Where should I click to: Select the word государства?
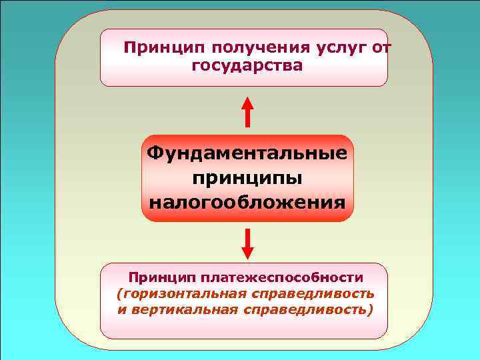pyautogui.click(x=247, y=67)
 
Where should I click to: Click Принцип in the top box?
pyautogui.click(x=165, y=48)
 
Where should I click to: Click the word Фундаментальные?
pyautogui.click(x=247, y=154)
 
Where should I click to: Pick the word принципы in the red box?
pyautogui.click(x=247, y=177)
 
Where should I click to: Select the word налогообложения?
pyautogui.click(x=247, y=201)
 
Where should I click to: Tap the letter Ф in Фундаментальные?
pyautogui.click(x=155, y=154)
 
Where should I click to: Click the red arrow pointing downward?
pyautogui.click(x=247, y=243)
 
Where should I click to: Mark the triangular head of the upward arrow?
pyautogui.click(x=247, y=103)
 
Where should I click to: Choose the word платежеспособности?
pyautogui.click(x=293, y=277)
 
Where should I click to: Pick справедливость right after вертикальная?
pyautogui.click(x=309, y=310)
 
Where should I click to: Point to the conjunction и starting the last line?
pyautogui.click(x=121, y=311)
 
